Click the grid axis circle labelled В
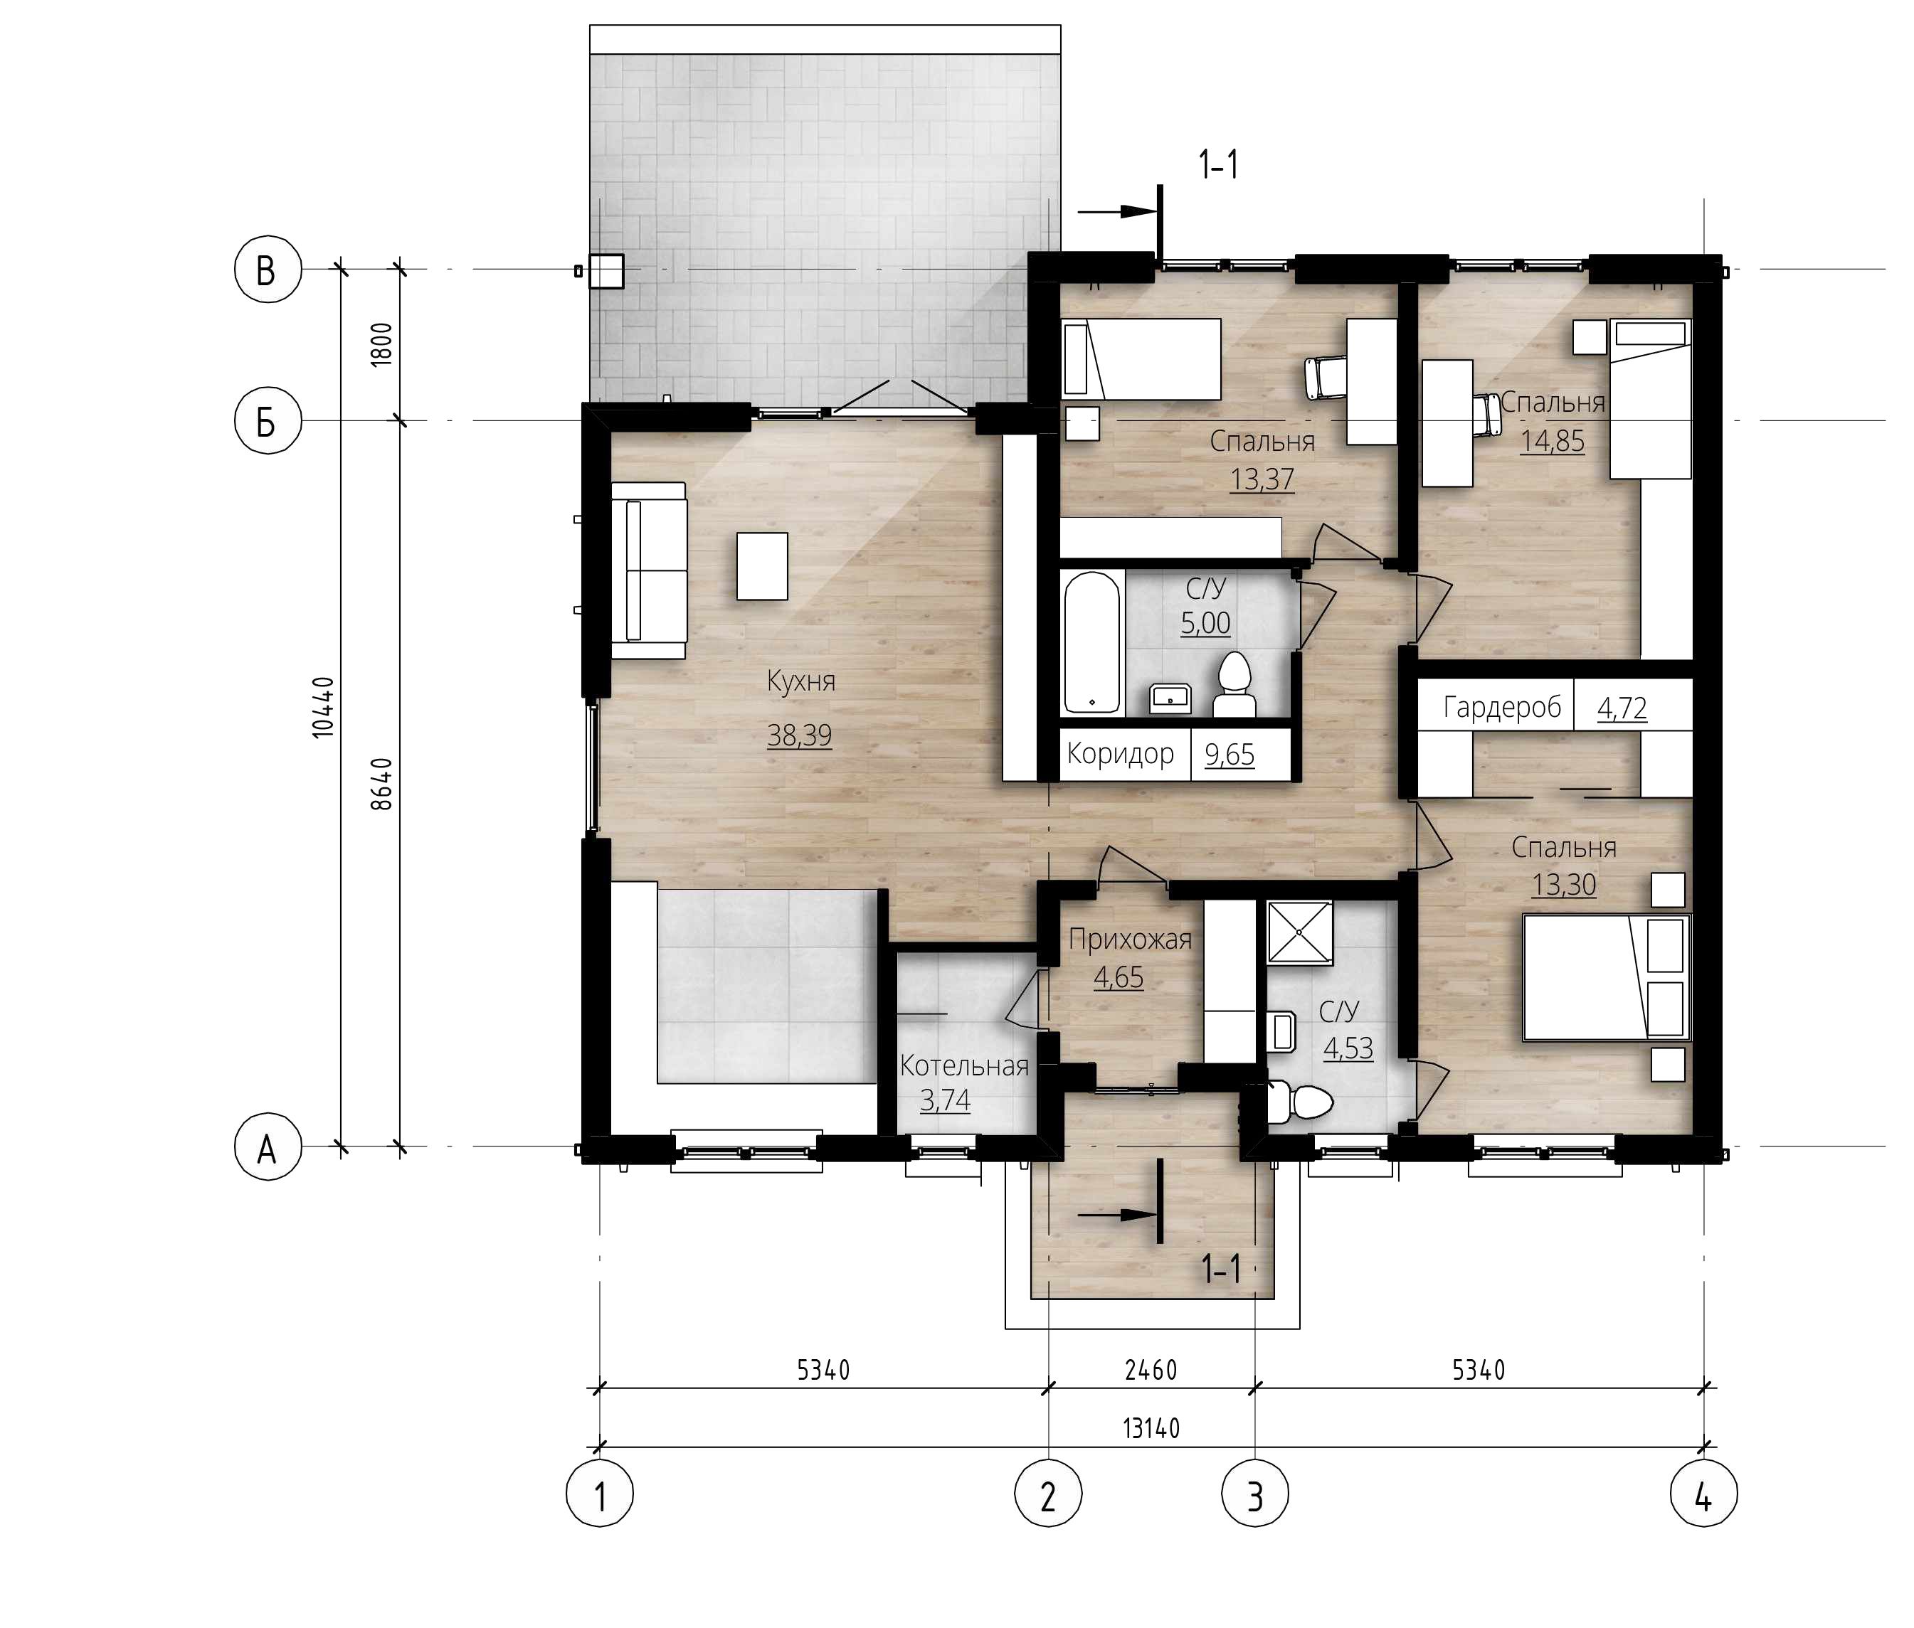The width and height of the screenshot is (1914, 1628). pos(267,270)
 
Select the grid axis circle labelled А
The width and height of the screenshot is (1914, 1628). pos(268,1147)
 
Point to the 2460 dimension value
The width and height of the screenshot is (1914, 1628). pos(1151,1371)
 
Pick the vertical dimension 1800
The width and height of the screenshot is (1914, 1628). pos(381,344)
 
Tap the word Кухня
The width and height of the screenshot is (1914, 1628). pos(801,681)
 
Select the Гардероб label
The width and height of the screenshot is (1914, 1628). pos(1501,708)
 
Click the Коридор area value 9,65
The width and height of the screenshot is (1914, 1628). pos(1229,755)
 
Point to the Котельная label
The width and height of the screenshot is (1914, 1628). pos(964,1066)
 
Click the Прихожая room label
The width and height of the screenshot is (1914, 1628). pos(1130,940)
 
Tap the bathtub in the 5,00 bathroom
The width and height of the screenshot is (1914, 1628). pos(1092,642)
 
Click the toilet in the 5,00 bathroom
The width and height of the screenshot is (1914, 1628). pos(1234,686)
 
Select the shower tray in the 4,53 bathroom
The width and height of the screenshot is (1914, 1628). pos(1300,932)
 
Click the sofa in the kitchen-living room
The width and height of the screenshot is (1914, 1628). pos(649,570)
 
